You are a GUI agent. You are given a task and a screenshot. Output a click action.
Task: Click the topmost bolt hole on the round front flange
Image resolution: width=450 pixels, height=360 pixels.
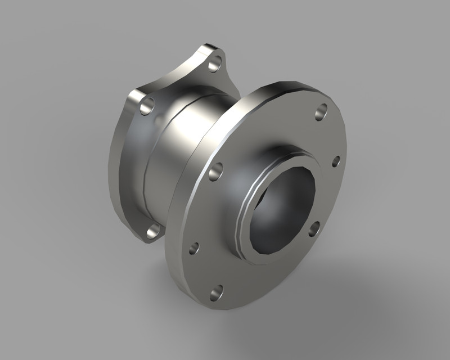(x=321, y=111)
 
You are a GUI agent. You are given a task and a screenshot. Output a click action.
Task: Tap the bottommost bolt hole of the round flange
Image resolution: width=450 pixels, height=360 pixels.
(x=217, y=292)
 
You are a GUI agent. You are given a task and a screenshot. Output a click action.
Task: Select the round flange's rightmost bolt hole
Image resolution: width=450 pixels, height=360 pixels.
(x=336, y=161)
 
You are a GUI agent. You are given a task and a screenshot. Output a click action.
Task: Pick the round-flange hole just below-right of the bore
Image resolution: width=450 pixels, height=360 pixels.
(x=314, y=228)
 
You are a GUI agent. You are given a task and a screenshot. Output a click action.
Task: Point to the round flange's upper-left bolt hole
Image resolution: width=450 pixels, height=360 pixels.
(x=215, y=172)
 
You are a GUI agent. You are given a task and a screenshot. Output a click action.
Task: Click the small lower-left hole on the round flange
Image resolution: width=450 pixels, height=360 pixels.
(x=193, y=247)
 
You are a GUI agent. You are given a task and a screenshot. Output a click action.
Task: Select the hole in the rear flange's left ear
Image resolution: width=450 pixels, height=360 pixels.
(x=147, y=105)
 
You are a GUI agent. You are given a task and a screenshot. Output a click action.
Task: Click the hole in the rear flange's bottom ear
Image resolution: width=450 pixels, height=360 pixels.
(x=152, y=231)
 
